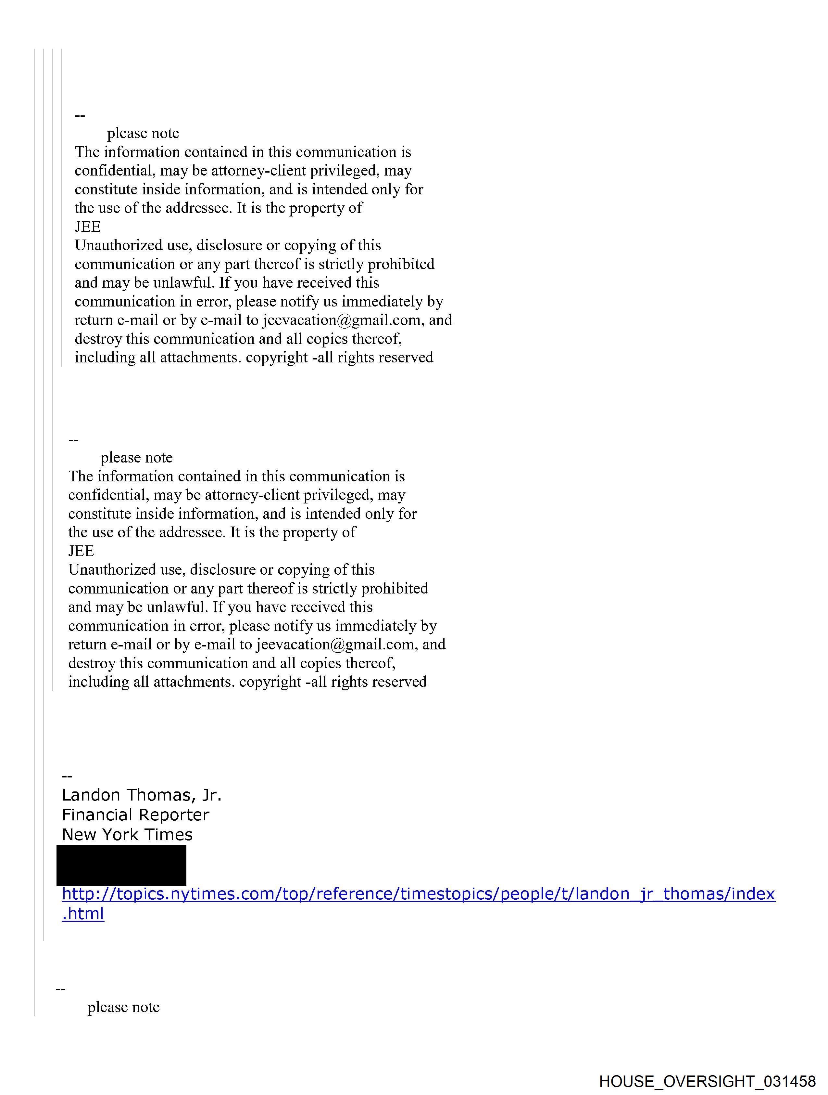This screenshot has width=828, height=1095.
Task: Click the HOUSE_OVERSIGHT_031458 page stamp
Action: (707, 1081)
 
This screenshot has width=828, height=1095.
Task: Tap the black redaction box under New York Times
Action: (121, 865)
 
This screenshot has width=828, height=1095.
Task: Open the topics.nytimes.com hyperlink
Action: (418, 894)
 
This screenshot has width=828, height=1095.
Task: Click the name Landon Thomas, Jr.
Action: (142, 795)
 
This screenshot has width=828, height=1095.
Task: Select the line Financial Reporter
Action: (135, 815)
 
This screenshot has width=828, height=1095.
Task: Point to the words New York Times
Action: (127, 835)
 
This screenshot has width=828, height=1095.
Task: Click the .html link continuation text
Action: (83, 914)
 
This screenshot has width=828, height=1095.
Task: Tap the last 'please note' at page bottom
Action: (124, 1007)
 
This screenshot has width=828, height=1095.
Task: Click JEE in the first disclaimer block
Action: (88, 227)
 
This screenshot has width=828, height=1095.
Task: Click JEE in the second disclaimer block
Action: (81, 551)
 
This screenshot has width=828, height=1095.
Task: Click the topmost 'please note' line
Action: (143, 133)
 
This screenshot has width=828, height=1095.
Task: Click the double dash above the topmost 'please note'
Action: (80, 116)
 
